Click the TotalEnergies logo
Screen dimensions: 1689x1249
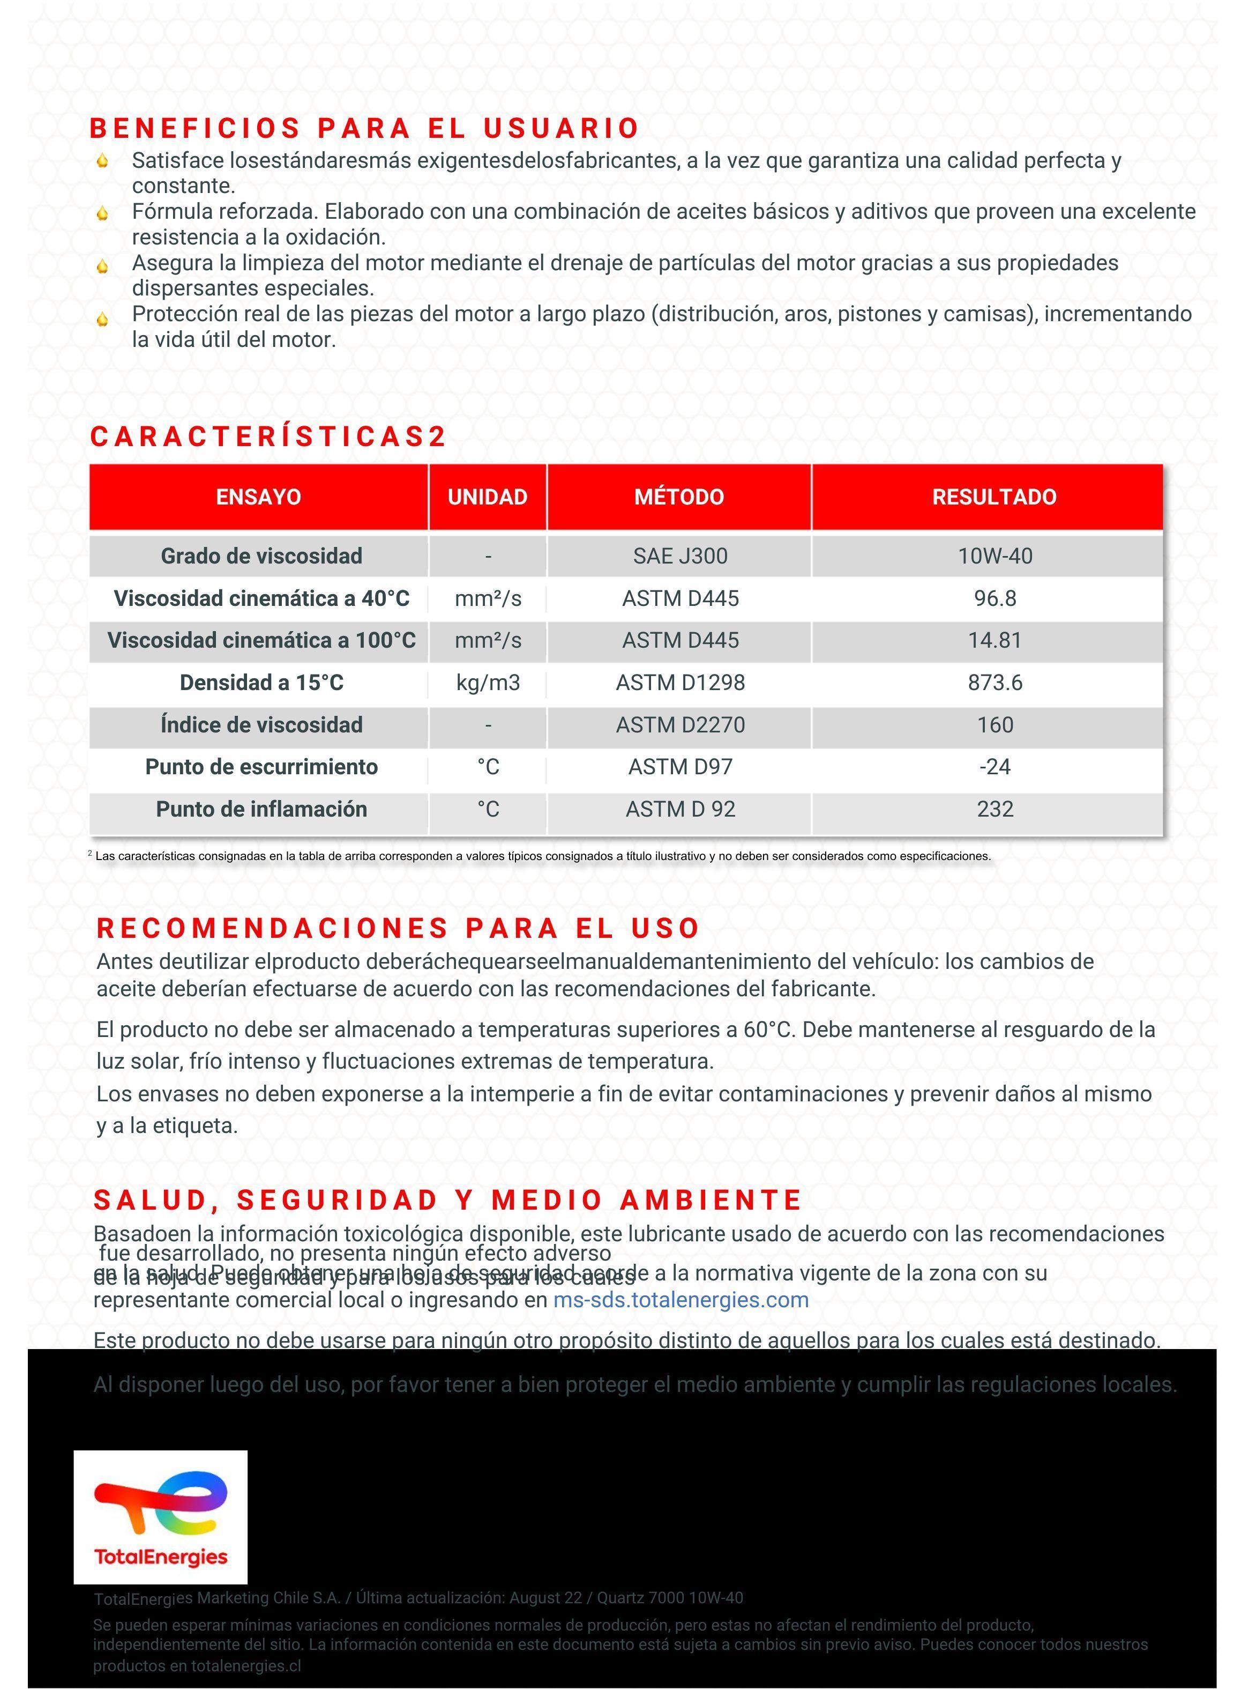[160, 1516]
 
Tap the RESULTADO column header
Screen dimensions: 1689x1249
[993, 497]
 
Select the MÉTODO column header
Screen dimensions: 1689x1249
[679, 497]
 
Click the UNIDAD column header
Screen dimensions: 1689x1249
[487, 497]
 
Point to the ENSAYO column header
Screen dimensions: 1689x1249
[259, 497]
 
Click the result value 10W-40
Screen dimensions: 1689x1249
[994, 556]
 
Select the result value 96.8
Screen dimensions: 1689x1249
[994, 598]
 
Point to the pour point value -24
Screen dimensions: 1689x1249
[994, 767]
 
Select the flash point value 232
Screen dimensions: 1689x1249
[994, 809]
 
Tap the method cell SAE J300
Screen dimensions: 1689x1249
[680, 556]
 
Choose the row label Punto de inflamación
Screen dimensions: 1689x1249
[261, 809]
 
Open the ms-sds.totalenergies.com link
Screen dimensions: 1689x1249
[680, 1300]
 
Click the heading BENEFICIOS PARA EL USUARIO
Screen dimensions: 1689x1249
[364, 129]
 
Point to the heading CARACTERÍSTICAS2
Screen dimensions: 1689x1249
[268, 436]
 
